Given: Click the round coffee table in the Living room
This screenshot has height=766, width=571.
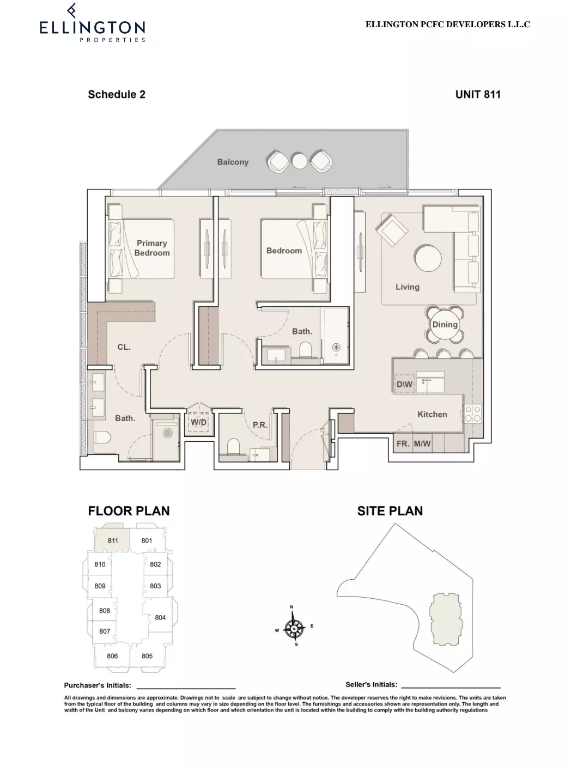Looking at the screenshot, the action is tap(428, 259).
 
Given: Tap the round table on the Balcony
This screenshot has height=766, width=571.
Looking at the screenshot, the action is tap(299, 161).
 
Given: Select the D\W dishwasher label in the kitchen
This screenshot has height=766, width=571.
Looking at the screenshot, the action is tap(404, 384).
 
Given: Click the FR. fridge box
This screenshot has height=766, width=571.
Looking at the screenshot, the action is tap(403, 443).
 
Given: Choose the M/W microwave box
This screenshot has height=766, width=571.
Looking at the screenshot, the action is tap(422, 443).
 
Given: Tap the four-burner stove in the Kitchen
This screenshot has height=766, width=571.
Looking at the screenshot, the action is tap(473, 414).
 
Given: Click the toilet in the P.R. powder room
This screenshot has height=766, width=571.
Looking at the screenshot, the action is tap(233, 447).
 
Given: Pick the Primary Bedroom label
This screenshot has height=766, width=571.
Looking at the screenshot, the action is tap(152, 248).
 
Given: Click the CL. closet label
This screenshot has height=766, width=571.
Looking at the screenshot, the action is tap(124, 347).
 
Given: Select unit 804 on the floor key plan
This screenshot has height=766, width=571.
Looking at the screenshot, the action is tap(160, 617).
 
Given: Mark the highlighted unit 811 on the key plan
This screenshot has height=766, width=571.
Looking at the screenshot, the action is tap(112, 540).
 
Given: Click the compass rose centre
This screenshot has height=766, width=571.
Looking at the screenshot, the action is tap(294, 629).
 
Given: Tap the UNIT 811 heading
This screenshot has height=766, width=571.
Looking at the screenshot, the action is tap(478, 95).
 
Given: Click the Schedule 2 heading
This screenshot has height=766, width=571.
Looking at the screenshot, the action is tap(117, 95).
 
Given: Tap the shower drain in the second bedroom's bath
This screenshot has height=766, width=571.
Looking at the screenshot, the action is tap(336, 347).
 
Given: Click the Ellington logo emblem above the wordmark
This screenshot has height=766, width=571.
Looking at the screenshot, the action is tap(72, 10).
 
